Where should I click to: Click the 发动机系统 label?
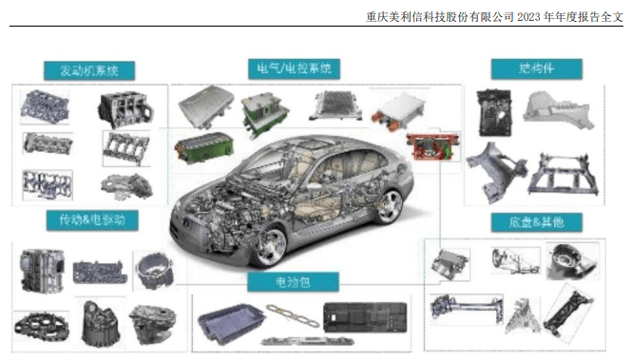[90, 69]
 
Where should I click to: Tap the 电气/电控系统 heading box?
[294, 68]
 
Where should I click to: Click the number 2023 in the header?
[537, 15]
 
